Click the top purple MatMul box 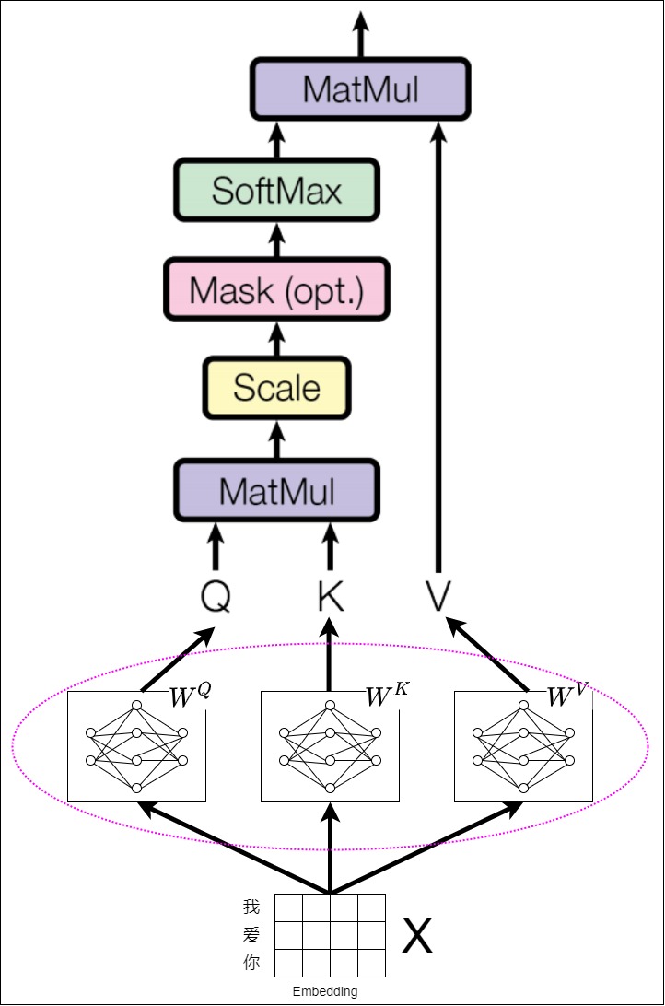360,89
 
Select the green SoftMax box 277,191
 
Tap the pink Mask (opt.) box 277,289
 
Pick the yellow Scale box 277,388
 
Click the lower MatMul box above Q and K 277,491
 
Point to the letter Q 216,597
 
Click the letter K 331,597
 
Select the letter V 438,596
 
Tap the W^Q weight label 191,695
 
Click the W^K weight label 387,695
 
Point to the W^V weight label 568,695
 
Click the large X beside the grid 417,935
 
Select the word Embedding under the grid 325,991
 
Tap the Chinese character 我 251,907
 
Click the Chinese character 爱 251,935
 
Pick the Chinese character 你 251,963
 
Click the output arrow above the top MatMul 361,35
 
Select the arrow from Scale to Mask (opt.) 277,339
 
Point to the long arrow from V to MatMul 438,347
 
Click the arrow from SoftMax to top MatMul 277,141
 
